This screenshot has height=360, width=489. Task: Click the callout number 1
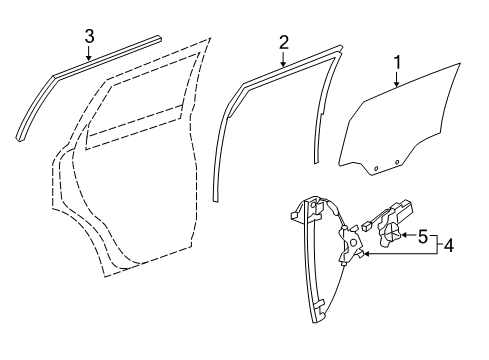(x=398, y=65)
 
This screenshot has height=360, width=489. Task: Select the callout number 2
(x=283, y=42)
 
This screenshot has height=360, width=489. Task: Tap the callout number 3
(x=89, y=37)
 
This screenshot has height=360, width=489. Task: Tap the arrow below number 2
(x=283, y=61)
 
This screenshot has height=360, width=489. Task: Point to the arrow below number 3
(x=89, y=55)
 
